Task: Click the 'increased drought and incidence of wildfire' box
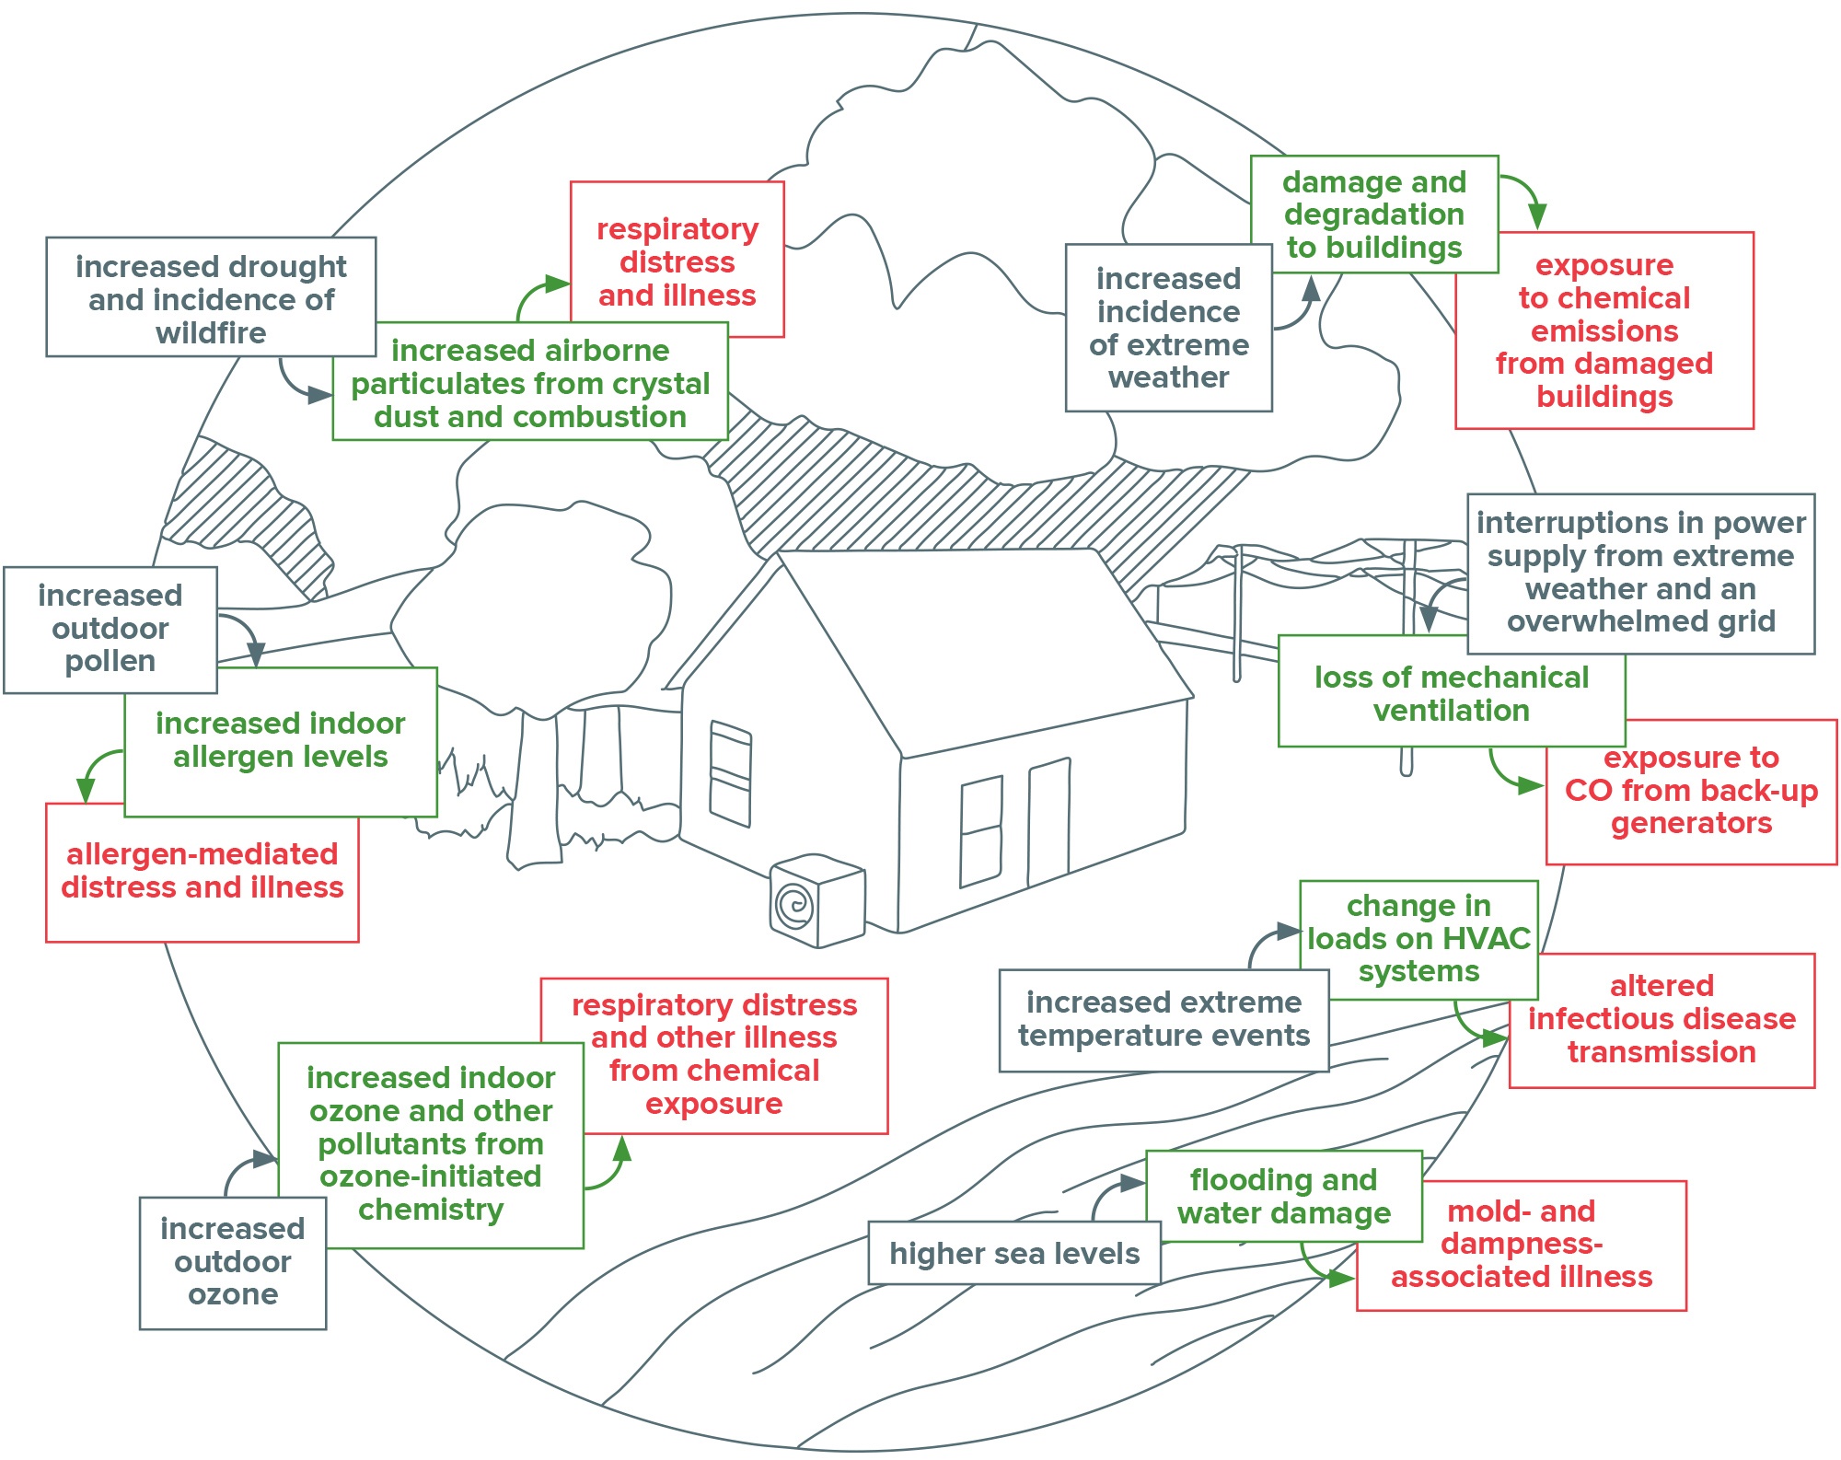coord(211,296)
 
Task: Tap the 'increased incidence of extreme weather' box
coord(1169,328)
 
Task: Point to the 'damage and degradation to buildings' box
coord(1374,214)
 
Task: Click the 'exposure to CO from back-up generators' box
coord(1691,792)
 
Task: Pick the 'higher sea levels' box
coord(1014,1253)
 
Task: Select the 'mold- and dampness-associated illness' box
coord(1522,1245)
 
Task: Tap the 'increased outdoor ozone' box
coord(233,1262)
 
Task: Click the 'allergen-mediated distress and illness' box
coord(203,872)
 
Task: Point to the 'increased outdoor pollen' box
coord(110,630)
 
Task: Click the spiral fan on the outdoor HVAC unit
coord(793,905)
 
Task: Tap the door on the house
coord(1048,821)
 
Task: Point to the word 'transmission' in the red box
coord(1662,1051)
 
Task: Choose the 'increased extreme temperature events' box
coord(1164,1020)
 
